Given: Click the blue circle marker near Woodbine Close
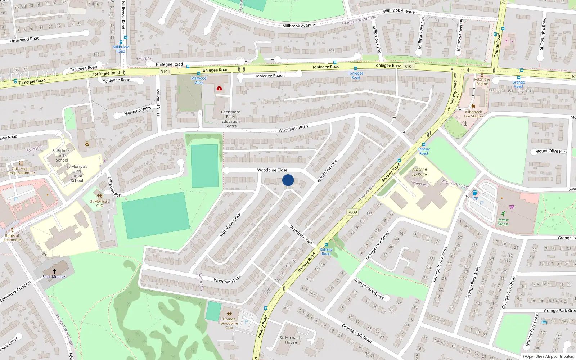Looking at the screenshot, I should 288,180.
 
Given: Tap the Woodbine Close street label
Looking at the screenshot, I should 272,170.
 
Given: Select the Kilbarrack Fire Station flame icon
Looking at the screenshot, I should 473,106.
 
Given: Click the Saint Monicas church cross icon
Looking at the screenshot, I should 54,271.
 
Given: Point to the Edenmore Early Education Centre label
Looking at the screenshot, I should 230,119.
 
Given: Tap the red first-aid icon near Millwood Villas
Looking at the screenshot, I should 219,88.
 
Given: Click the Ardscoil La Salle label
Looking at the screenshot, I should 419,172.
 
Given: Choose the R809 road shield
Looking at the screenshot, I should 352,212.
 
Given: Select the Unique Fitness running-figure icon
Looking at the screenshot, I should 503,214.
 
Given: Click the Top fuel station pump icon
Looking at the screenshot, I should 475,193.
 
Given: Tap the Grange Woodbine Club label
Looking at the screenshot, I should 229,323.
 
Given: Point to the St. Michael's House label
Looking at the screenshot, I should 291,340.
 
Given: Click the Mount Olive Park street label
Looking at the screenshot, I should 551,151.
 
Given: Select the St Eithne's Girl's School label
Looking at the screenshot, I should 62,156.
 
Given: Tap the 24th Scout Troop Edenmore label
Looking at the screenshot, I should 21,171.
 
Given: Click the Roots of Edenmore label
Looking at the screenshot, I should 12,238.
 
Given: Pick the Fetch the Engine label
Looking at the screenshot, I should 482,81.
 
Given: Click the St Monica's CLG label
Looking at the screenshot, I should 100,203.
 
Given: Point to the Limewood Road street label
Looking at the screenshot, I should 24,39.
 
